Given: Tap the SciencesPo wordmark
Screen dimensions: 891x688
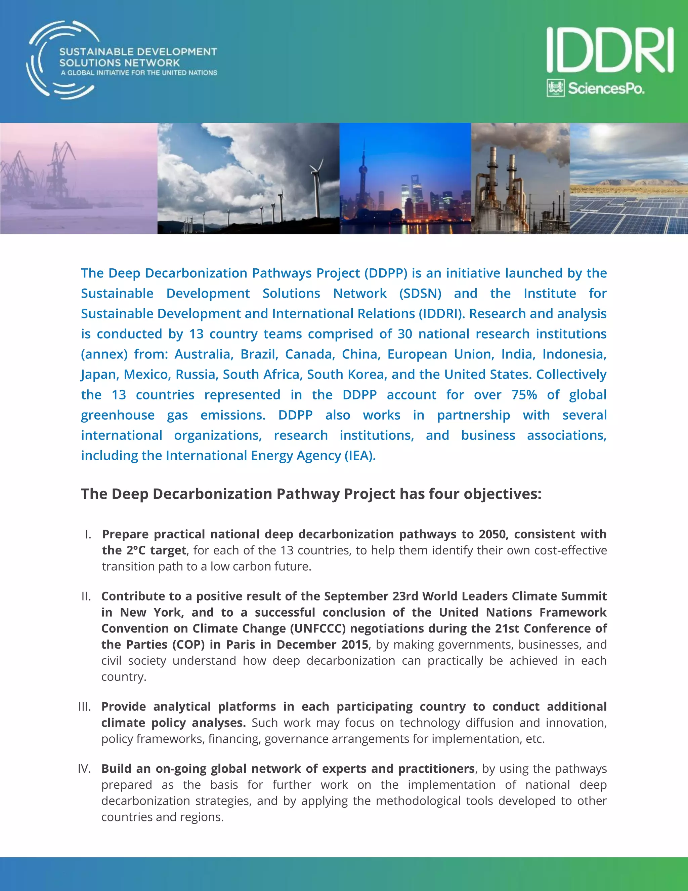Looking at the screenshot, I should coord(606,88).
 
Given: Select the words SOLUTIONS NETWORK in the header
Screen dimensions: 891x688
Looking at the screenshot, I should coord(119,63).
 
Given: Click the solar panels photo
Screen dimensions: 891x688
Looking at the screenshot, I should coord(629,204).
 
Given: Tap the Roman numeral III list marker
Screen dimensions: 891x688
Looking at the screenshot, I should coord(84,707).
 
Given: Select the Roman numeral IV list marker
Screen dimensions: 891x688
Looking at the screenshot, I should coord(84,769).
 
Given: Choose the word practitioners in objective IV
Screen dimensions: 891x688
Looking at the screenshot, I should coord(436,769).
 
